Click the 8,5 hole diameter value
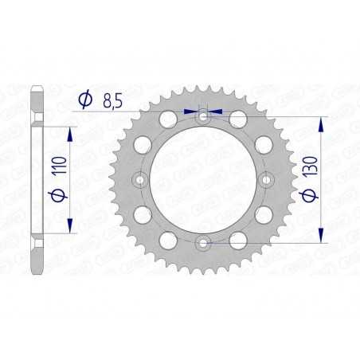(x=111, y=100)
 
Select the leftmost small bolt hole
(x=141, y=180)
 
